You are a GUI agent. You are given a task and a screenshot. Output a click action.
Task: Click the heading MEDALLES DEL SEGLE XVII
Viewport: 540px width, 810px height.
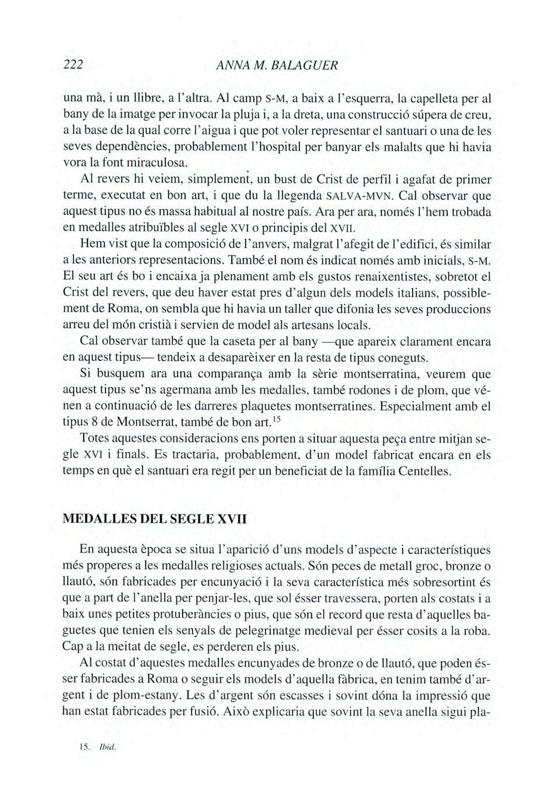(154, 519)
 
